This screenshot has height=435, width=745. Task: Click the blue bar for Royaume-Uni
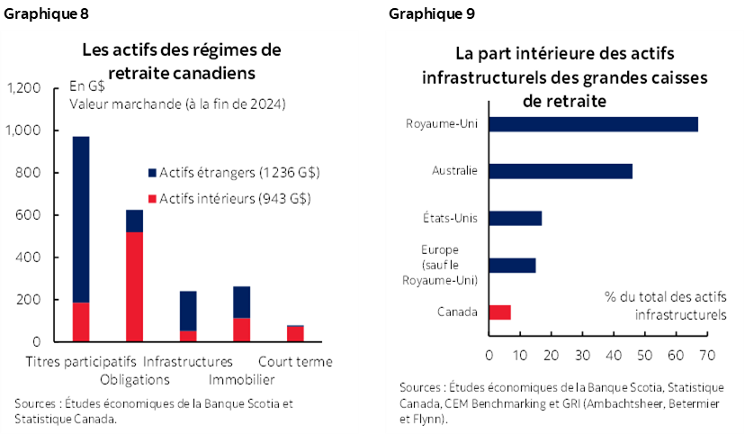(x=593, y=124)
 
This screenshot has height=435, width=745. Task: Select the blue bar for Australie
(x=560, y=171)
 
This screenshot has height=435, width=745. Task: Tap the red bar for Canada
(x=499, y=313)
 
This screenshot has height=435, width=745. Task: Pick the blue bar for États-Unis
(x=515, y=218)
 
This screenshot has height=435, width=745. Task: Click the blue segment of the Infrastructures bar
(x=188, y=311)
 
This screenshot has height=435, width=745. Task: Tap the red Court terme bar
(x=295, y=334)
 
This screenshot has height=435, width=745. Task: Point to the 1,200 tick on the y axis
(x=23, y=88)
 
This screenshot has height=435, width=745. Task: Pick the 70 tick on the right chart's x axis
(x=705, y=354)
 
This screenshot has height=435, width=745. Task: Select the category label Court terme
(x=295, y=362)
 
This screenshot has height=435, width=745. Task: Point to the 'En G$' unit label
(x=86, y=87)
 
